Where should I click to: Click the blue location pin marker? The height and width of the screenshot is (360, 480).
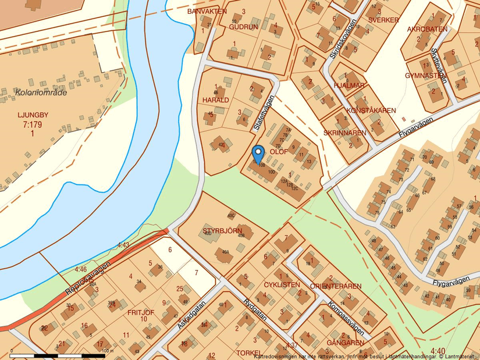258,153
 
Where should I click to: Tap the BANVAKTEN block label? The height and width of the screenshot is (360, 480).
207,11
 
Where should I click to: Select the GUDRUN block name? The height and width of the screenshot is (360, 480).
243,27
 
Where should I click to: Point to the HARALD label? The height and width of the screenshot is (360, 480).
216,99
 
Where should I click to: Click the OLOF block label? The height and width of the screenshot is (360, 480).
279,152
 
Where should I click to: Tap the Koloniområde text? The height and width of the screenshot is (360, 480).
41,92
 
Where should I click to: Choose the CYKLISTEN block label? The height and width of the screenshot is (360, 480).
282,285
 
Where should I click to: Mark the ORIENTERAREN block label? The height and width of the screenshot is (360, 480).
336,286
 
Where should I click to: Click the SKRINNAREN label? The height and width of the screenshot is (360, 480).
344,133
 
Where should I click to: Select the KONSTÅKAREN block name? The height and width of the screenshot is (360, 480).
371,110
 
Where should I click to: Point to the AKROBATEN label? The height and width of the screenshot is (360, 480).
427,28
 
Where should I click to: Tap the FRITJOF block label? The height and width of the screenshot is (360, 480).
140,312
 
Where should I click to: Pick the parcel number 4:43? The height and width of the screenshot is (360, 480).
123,245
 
